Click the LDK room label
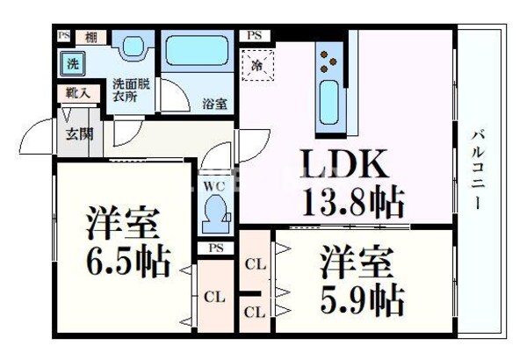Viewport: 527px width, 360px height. (x=344, y=165)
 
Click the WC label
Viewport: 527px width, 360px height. (x=215, y=187)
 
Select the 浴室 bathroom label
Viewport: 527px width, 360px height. (x=215, y=104)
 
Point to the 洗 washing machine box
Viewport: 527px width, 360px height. (x=74, y=63)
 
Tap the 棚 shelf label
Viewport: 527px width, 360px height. (x=90, y=37)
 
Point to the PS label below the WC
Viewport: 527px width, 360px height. (x=215, y=248)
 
